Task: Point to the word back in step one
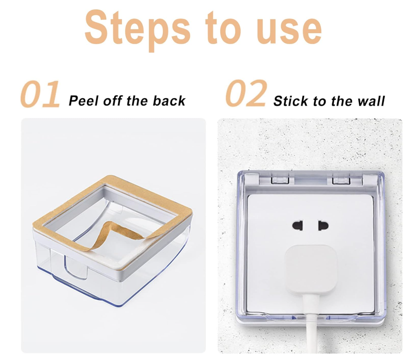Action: pos(169,101)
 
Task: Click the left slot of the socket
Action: pos(297,226)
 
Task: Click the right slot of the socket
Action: pos(323,226)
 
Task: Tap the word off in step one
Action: pos(113,101)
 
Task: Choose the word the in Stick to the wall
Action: pos(343,101)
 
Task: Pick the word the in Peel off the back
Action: pos(137,101)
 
